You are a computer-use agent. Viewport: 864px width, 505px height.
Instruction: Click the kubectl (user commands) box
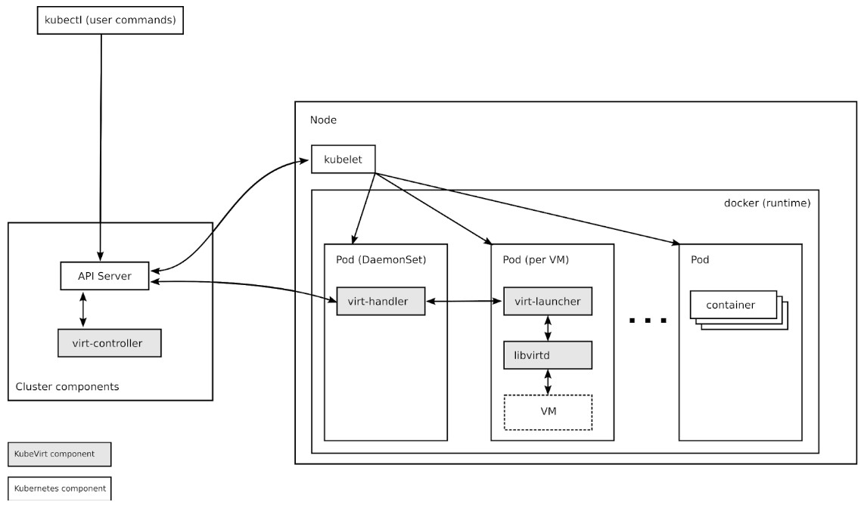tap(110, 20)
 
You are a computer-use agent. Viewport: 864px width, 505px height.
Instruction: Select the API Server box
tap(105, 276)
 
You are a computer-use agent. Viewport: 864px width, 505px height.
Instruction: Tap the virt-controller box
tap(110, 342)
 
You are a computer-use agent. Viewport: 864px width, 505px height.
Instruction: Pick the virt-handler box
tap(381, 302)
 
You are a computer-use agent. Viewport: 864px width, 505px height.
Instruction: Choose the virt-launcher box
tap(548, 302)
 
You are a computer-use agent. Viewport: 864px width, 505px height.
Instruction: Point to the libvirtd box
tap(548, 354)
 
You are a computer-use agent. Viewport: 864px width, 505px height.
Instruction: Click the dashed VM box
tap(548, 412)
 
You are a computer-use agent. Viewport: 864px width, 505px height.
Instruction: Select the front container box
tap(733, 305)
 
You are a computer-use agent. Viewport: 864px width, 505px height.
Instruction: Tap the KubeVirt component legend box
tap(59, 454)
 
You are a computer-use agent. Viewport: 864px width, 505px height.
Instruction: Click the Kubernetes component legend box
tap(59, 488)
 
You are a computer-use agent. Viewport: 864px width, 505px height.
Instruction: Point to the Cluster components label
tap(67, 387)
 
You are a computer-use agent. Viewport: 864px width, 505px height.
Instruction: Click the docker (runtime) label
tap(767, 203)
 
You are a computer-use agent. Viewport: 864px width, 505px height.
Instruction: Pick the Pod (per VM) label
tap(536, 259)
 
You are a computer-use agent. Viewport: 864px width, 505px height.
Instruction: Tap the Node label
tap(323, 120)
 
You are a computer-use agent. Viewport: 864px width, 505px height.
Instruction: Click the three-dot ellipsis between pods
tap(648, 321)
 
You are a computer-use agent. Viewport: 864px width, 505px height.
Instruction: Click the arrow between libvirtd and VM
tap(548, 381)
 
